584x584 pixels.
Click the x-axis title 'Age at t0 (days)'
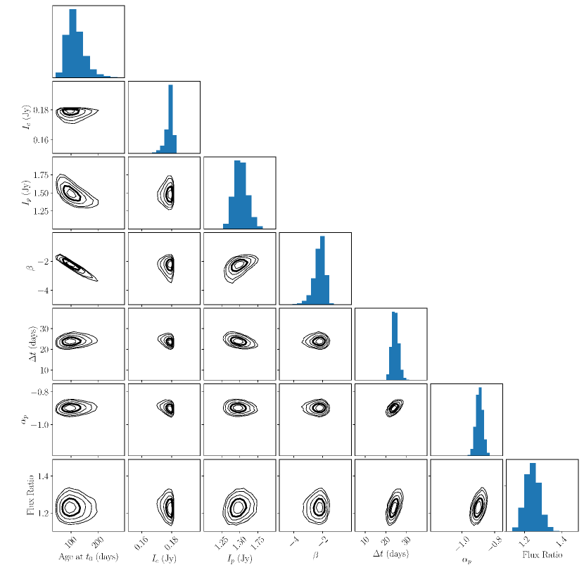click(x=89, y=557)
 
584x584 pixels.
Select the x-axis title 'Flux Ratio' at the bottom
click(x=540, y=555)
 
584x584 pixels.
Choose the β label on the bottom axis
click(x=315, y=556)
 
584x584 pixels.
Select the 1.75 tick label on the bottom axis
click(x=258, y=542)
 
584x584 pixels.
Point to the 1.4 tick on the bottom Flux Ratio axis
click(x=561, y=542)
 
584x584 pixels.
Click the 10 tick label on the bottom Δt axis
click(x=364, y=542)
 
